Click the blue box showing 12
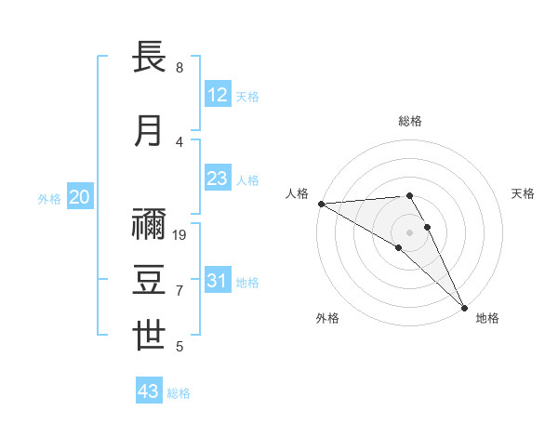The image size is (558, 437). [x=218, y=95]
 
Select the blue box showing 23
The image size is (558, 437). [x=218, y=179]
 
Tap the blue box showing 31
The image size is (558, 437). [x=218, y=281]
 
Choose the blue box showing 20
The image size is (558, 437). [x=80, y=197]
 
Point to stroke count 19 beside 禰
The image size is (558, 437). [x=180, y=235]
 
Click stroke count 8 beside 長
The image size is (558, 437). [x=179, y=68]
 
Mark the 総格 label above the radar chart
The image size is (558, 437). [x=410, y=121]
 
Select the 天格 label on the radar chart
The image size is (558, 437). [x=523, y=193]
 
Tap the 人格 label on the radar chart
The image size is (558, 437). [x=297, y=193]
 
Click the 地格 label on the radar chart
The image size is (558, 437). [x=487, y=318]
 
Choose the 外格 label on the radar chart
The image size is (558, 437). [x=327, y=318]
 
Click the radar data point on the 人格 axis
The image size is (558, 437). [x=321, y=204]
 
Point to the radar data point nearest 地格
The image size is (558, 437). [x=464, y=307]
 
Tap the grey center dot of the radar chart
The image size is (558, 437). [x=410, y=232]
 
